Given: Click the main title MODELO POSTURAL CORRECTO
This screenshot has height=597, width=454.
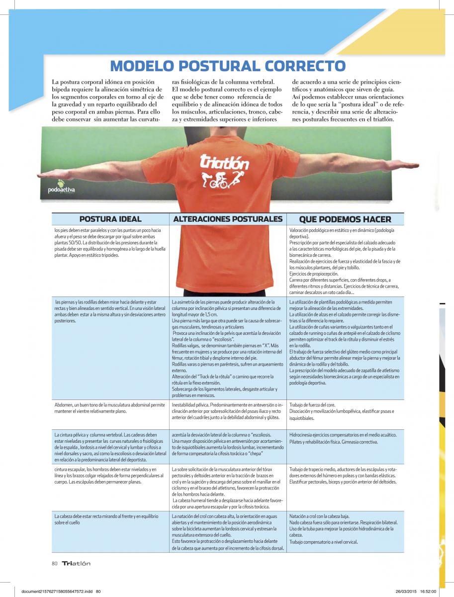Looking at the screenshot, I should tap(227, 66).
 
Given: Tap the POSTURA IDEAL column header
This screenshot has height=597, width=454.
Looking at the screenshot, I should tap(110, 219).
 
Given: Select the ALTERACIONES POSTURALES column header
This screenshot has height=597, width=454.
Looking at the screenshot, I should tap(227, 219).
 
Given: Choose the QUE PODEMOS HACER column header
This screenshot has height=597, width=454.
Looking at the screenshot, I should tap(345, 219).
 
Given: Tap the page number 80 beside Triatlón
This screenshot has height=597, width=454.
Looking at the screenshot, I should tap(55, 563).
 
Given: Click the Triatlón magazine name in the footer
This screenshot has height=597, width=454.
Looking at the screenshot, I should tap(76, 563).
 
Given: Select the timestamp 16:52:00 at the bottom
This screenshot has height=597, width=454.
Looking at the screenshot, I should tap(428, 591).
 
